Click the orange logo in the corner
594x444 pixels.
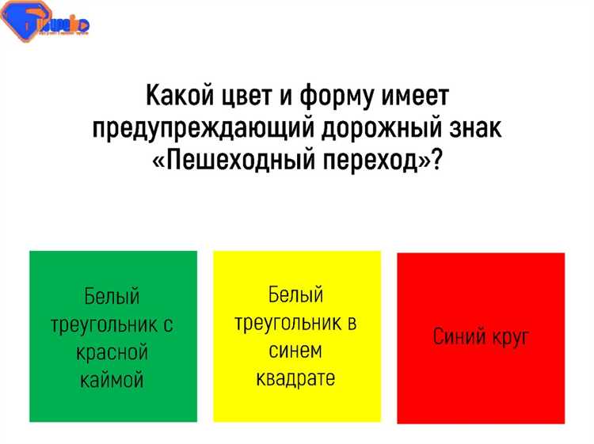(x=44, y=25)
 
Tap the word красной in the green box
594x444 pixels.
(x=112, y=351)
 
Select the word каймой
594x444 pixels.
(x=112, y=379)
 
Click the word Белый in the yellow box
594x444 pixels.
(x=296, y=295)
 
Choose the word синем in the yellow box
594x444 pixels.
(x=296, y=350)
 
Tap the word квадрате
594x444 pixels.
(x=296, y=378)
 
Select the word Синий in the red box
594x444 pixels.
(x=459, y=337)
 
